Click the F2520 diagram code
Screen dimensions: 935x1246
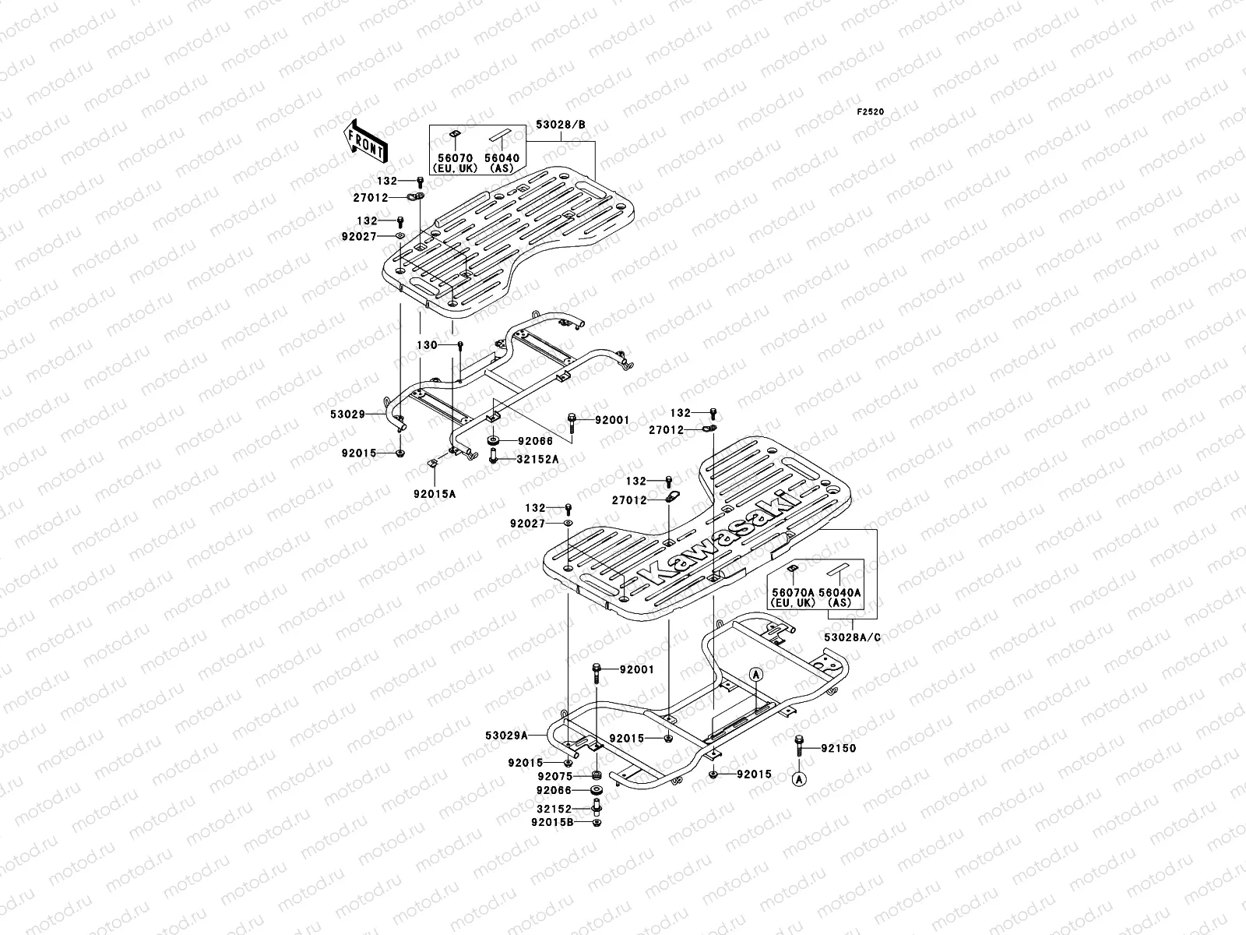[871, 112]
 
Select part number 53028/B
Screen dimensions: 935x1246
[560, 125]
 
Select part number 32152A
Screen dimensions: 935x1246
[538, 460]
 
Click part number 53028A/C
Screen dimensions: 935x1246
[853, 637]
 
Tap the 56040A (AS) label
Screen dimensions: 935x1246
[839, 597]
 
